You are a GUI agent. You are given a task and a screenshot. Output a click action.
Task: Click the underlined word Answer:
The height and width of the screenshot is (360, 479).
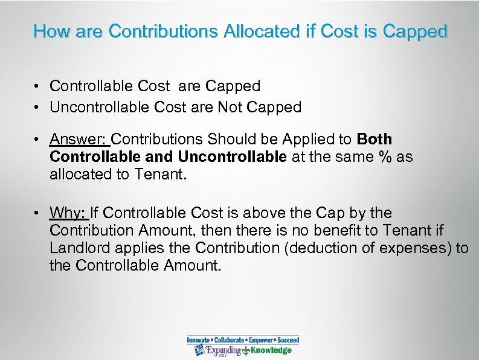point(79,139)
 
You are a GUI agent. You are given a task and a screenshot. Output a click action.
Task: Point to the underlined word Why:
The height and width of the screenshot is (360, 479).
point(69,213)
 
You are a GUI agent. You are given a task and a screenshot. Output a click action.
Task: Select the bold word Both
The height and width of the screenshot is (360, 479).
point(375,139)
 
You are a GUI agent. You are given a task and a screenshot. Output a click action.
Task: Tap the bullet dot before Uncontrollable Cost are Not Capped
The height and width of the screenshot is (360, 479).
point(38,108)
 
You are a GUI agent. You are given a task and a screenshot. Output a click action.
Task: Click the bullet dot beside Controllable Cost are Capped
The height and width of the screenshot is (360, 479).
point(38,87)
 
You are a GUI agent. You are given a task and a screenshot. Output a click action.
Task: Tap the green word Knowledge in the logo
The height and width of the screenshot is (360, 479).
point(271,350)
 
